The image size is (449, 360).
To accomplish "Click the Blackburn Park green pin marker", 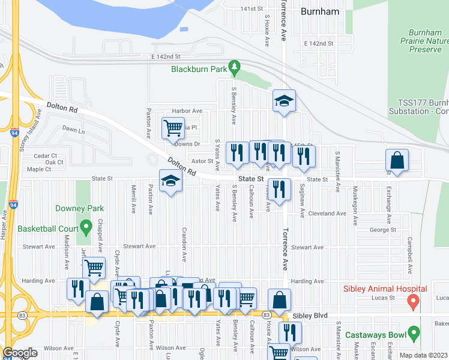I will coord(236,67).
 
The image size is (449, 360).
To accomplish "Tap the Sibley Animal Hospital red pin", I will coord(413,302).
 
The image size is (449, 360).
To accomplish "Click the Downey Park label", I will coord(79,209).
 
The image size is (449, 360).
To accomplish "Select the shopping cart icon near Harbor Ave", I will coord(173,127).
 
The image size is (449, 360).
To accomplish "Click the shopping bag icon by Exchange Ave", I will coord(397,160).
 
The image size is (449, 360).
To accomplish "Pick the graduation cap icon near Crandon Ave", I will coord(170,181).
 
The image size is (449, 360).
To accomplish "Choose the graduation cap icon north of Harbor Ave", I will coord(284,101).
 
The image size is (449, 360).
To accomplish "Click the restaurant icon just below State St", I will coord(278,190).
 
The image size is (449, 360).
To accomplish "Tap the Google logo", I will coord(20,353).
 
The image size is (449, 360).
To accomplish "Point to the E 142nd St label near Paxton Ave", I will coord(166,56).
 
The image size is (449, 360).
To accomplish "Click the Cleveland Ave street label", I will coord(327,214).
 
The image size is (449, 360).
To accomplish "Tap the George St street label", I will coord(384,230).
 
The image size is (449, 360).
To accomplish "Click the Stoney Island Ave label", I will coord(31,128).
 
